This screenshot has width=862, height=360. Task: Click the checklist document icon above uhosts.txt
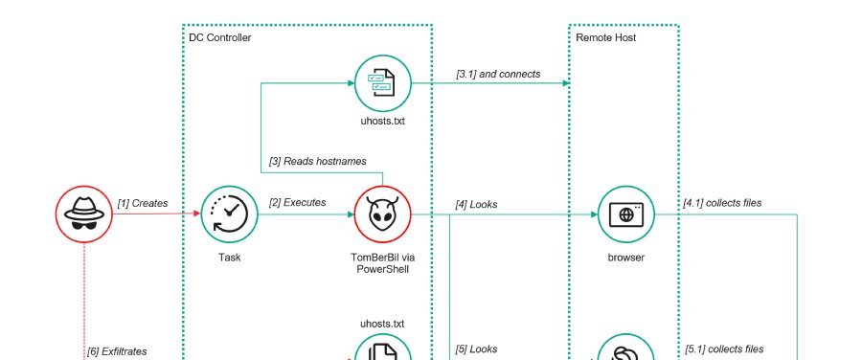point(382,83)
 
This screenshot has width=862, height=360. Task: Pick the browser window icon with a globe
point(625,214)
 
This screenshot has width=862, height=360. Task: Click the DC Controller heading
point(220,37)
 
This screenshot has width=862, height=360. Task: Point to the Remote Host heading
point(605,37)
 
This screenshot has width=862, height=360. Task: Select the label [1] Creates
point(142,203)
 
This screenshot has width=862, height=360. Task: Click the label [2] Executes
point(297,203)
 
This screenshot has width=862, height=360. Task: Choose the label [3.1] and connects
point(498,73)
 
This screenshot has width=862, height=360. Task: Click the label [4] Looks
point(476,203)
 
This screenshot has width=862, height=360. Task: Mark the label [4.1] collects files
point(723,203)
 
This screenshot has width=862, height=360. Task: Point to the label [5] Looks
point(476,349)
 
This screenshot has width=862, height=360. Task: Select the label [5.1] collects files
point(723,349)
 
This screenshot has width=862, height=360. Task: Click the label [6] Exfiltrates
point(118,351)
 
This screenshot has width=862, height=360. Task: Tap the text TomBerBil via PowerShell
point(382,264)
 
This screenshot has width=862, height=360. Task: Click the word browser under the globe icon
point(625,259)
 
